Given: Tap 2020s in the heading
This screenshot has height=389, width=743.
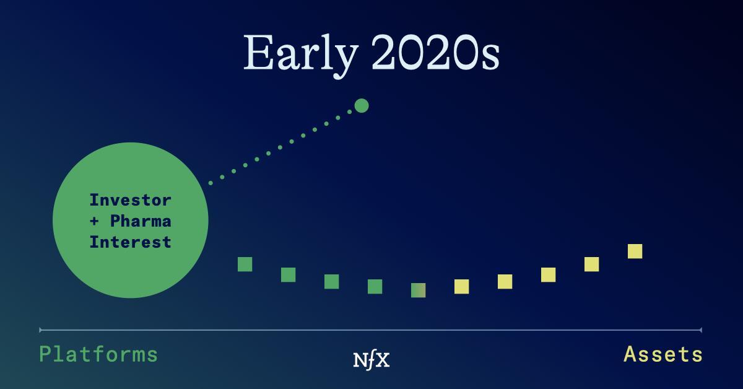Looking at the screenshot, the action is pyautogui.click(x=435, y=53).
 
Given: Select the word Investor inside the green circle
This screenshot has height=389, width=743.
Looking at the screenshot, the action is pyautogui.click(x=131, y=200).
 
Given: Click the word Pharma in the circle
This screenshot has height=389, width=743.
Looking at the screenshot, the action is pyautogui.click(x=141, y=221).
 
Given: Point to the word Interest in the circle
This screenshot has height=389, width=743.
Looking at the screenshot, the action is pyautogui.click(x=131, y=242).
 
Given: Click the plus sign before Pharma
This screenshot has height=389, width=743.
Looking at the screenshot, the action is pyautogui.click(x=94, y=221).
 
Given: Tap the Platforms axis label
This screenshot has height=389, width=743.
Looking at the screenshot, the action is pyautogui.click(x=98, y=354).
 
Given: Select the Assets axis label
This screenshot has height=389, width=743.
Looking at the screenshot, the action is pyautogui.click(x=663, y=354).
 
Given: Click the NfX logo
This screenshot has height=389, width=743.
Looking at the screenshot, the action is pyautogui.click(x=371, y=360).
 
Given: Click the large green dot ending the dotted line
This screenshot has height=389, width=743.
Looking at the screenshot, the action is pyautogui.click(x=362, y=105).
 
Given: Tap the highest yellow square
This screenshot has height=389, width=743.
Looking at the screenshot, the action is pyautogui.click(x=635, y=251).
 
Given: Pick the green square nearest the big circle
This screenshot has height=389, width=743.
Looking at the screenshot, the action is pyautogui.click(x=245, y=264).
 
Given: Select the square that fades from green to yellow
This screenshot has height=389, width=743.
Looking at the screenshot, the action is pyautogui.click(x=419, y=290).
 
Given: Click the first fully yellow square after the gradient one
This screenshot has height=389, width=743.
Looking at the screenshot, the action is pyautogui.click(x=462, y=286).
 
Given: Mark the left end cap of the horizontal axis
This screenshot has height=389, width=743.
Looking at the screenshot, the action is pyautogui.click(x=40, y=330).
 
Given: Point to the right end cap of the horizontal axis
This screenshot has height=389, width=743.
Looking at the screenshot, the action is pyautogui.click(x=701, y=330).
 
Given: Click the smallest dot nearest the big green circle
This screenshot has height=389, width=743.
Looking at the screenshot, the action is pyautogui.click(x=211, y=183).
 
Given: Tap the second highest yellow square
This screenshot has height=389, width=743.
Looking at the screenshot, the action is pyautogui.click(x=592, y=264).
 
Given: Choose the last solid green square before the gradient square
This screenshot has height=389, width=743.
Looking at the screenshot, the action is pyautogui.click(x=375, y=286).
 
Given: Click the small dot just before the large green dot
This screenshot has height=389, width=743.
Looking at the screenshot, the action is pyautogui.click(x=350, y=112).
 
